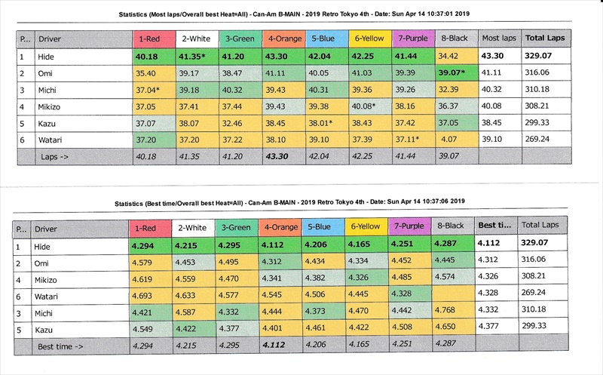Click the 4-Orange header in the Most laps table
pos(282,38)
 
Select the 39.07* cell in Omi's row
pos(457,72)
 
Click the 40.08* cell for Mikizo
pos(369,106)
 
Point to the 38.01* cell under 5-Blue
pos(326,123)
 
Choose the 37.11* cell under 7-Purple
pos(412,140)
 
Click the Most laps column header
pos(500,38)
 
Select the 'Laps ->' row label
pos(54,156)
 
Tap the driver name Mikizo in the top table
pos(51,106)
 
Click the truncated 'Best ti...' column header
pos(495,226)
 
